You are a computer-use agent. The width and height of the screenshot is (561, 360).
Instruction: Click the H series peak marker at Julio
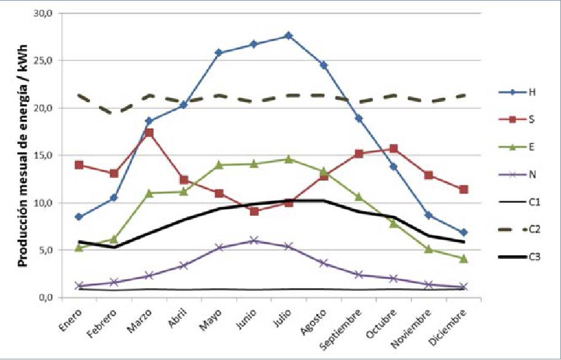pos(288,36)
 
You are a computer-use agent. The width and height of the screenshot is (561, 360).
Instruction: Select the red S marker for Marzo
pos(149,132)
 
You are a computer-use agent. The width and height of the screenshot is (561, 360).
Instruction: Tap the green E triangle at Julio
pos(288,159)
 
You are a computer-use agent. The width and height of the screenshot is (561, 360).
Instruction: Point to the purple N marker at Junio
pos(253,240)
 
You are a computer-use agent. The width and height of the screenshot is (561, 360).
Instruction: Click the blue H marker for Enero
pos(79,216)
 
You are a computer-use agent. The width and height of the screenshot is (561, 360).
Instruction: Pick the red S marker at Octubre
pos(393,148)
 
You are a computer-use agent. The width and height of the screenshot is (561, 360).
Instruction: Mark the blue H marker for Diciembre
pos(464,232)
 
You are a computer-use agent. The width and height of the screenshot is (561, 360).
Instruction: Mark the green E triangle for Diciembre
pos(464,258)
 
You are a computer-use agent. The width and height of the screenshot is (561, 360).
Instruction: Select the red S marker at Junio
pos(253,212)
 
